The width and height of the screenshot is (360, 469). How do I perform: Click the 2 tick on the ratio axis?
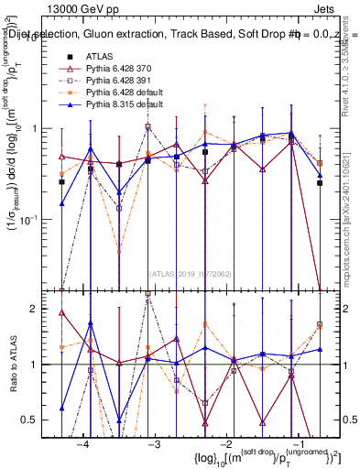44,309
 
